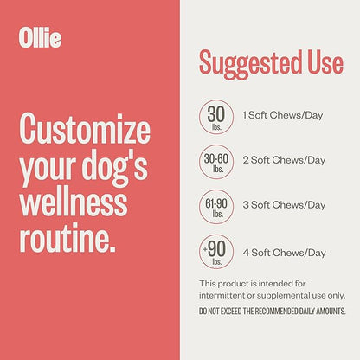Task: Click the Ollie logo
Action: click(x=40, y=38)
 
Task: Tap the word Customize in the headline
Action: click(x=84, y=131)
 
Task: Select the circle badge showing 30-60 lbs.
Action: click(x=217, y=160)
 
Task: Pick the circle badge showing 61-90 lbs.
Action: click(x=217, y=206)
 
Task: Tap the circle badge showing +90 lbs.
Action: click(x=217, y=252)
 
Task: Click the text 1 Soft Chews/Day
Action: click(x=283, y=115)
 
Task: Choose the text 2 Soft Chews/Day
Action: click(x=284, y=160)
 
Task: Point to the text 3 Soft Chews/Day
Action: click(x=284, y=206)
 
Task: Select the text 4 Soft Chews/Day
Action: click(x=284, y=252)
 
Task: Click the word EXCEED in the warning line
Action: click(x=236, y=311)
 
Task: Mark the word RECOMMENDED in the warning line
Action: click(x=282, y=311)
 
